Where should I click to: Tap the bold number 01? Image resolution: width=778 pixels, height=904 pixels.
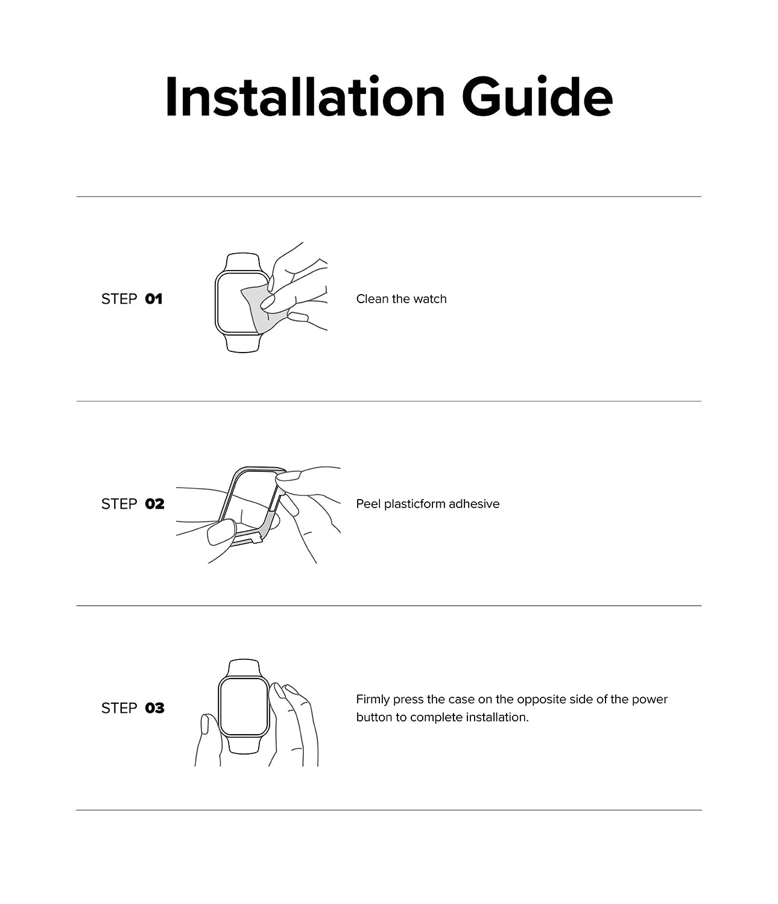tap(154, 299)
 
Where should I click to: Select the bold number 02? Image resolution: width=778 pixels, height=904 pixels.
tap(154, 504)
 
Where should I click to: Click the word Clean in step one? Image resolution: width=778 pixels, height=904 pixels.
tap(372, 299)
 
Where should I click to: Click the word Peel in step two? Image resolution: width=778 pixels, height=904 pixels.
tap(368, 504)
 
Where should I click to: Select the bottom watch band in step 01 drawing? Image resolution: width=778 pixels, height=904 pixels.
tap(243, 344)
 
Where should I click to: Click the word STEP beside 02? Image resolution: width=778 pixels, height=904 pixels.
tap(119, 504)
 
